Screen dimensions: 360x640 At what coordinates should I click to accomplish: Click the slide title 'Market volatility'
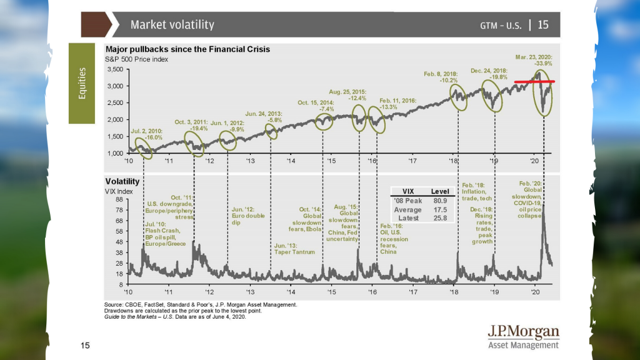pyautogui.click(x=172, y=25)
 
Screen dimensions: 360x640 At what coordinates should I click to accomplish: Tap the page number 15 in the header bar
pyautogui.click(x=542, y=25)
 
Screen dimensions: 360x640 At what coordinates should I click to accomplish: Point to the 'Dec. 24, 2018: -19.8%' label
pyautogui.click(x=488, y=74)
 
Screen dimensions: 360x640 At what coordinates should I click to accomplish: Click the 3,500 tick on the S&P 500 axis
pyautogui.click(x=114, y=69)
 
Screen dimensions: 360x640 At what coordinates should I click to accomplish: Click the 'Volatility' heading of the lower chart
pyautogui.click(x=122, y=181)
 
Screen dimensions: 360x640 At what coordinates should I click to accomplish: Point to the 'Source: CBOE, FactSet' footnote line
pyautogui.click(x=201, y=304)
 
